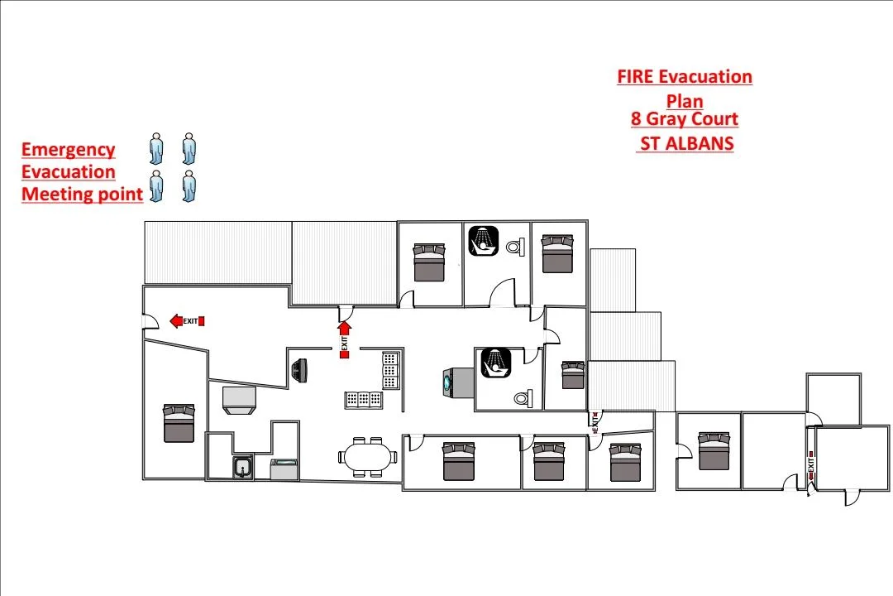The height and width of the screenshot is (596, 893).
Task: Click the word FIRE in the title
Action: (636, 77)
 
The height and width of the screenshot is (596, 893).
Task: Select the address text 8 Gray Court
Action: (684, 119)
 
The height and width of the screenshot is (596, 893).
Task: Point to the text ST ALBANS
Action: (685, 143)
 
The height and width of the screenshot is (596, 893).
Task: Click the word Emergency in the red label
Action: (68, 150)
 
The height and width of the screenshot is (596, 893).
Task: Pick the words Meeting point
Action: (82, 195)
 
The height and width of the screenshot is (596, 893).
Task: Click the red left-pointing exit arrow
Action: (176, 321)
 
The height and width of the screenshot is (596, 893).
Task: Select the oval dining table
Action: (367, 456)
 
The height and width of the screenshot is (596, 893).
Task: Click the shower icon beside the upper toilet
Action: (484, 241)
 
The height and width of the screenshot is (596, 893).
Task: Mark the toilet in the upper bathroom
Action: (515, 246)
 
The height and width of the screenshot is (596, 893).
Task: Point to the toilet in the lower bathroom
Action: (522, 398)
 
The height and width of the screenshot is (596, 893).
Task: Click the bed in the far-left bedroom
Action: (179, 423)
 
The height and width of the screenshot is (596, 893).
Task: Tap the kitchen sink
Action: (242, 468)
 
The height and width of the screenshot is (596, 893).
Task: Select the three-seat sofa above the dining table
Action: (363, 399)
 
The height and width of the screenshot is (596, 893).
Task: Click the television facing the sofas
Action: (300, 370)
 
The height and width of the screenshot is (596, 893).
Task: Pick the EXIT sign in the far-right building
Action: (811, 465)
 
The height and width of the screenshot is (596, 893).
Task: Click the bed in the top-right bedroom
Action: (556, 253)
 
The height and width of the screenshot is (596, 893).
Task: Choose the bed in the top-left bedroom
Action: (429, 262)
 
